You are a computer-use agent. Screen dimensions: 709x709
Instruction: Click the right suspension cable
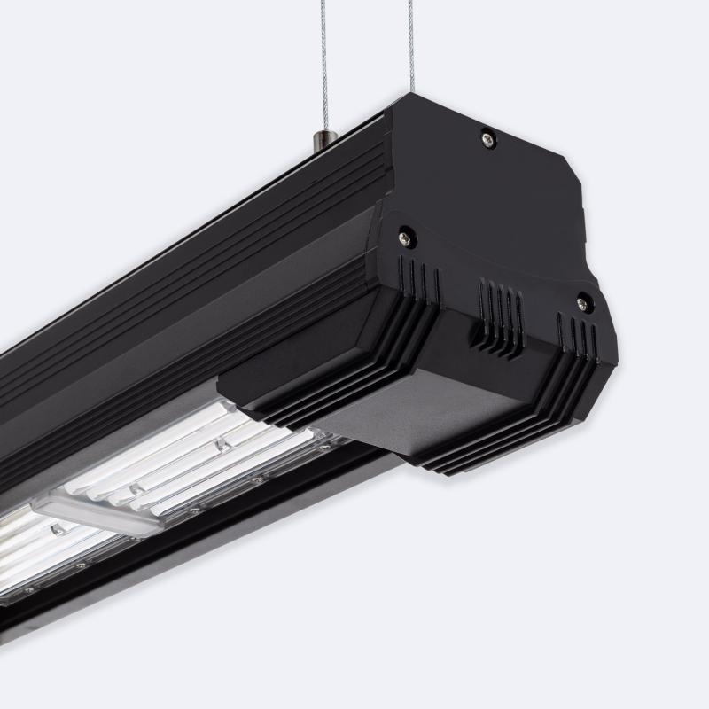pos(411,44)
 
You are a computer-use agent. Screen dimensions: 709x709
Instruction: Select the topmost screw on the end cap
pos(487,137)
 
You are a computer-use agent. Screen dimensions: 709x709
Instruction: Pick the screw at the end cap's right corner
pos(582,303)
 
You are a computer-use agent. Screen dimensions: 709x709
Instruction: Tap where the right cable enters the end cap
pos(412,92)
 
